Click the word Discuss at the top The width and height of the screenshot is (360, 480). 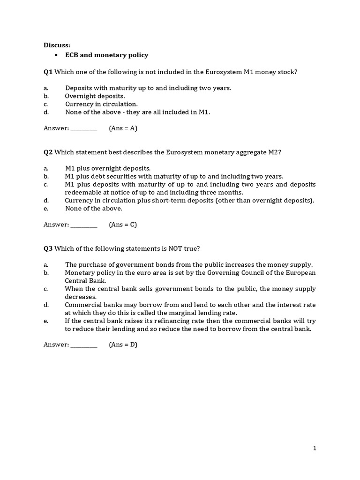click(x=57, y=45)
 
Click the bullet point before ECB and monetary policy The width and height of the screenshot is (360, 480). click(x=56, y=55)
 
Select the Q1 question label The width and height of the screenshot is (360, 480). click(x=48, y=72)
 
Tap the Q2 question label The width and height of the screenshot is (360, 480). click(x=48, y=152)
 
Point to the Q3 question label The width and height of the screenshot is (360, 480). click(x=48, y=248)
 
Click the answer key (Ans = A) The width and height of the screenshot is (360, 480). click(x=123, y=128)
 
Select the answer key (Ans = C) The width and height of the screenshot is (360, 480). click(x=123, y=225)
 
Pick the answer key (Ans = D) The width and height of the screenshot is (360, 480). click(x=123, y=345)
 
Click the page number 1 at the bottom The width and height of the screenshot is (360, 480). click(x=315, y=448)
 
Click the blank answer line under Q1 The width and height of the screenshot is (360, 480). click(x=83, y=129)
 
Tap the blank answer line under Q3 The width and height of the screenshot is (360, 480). click(x=83, y=345)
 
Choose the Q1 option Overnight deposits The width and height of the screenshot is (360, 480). click(x=95, y=96)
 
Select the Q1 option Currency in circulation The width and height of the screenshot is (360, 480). click(x=101, y=104)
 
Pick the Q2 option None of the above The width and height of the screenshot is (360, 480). click(x=93, y=209)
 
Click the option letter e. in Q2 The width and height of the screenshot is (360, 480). click(x=46, y=209)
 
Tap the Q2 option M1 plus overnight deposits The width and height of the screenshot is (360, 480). click(x=108, y=168)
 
